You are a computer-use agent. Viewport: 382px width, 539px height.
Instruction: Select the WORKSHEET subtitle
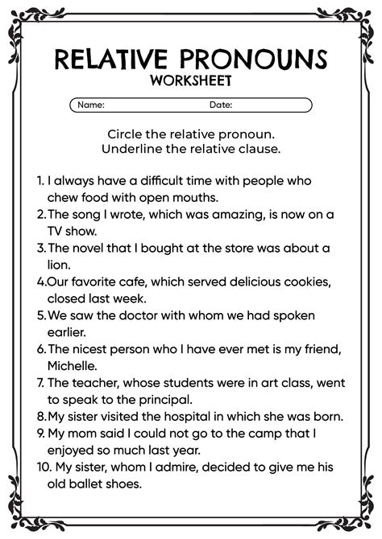[190, 81]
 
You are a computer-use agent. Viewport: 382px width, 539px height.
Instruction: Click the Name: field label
[91, 105]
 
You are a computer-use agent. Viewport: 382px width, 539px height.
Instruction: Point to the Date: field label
[221, 105]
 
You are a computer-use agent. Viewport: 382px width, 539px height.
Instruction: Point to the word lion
[60, 264]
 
